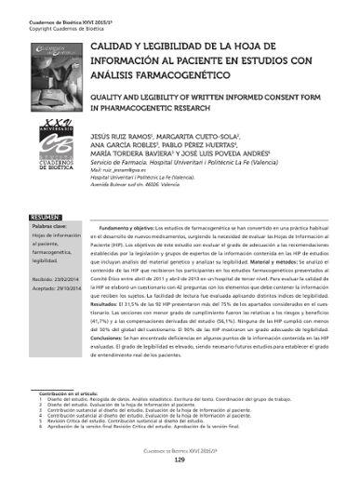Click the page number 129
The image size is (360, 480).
click(180, 460)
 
